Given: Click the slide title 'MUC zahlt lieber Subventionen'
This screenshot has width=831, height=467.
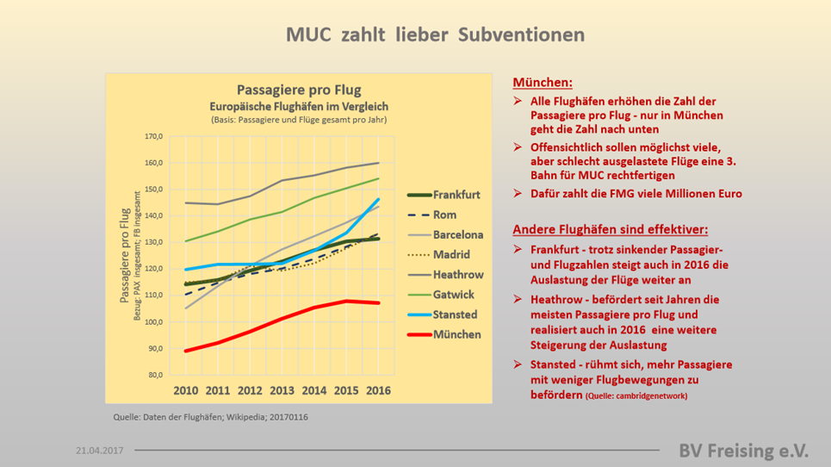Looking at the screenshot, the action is click(435, 34).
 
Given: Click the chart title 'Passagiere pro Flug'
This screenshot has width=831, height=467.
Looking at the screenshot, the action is click(299, 90).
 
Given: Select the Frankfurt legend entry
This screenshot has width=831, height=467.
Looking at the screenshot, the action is click(444, 195).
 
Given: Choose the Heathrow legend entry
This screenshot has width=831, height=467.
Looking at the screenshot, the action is click(445, 275).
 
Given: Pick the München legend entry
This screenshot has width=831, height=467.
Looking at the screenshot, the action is click(444, 334).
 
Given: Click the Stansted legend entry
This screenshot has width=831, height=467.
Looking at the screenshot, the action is click(443, 314).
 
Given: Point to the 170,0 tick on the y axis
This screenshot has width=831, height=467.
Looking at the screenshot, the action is click(153, 136).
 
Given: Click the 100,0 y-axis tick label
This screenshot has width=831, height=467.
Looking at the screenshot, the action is click(153, 321).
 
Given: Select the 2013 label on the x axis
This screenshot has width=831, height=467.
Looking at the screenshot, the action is click(282, 390).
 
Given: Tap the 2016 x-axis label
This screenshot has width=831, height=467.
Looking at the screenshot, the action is click(378, 390).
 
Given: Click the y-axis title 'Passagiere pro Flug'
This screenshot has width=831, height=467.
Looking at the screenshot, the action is click(125, 256).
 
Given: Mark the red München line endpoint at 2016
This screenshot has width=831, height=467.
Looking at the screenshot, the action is click(378, 303).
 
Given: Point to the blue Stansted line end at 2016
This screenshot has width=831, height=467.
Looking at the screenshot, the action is click(378, 199).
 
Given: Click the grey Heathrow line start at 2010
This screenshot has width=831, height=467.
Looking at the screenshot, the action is click(185, 202).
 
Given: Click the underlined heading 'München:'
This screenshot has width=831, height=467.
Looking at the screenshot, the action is click(543, 83).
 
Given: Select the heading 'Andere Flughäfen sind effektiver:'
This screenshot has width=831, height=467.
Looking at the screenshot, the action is click(610, 229).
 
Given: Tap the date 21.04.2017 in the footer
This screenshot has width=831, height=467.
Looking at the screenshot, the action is click(100, 451).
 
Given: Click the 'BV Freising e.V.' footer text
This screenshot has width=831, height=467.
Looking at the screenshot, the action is click(743, 451).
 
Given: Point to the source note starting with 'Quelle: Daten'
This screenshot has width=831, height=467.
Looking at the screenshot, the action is click(210, 417).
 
